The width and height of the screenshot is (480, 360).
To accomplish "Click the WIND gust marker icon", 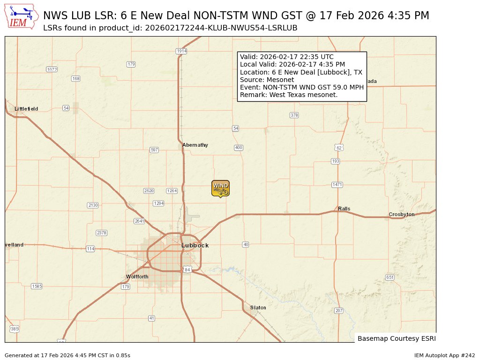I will coord(220,188).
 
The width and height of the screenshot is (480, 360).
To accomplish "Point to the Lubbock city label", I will coord(195,245).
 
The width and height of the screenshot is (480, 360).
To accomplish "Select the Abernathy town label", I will coord(195,145).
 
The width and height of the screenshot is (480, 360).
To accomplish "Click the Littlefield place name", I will coord(26,109).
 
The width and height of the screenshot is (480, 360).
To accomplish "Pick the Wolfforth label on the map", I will coord(137,277).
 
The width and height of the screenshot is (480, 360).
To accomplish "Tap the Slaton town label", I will coord(258,307).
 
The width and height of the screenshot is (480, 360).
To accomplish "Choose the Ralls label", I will coord(344,209).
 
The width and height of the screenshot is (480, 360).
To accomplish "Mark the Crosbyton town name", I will coord(402,214).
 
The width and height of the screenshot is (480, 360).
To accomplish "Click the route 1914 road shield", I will coord(181,51).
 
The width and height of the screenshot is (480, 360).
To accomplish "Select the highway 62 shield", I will coord(339,148).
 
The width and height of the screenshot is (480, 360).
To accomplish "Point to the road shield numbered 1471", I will coord(337,185).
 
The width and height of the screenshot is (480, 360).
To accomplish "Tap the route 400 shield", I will coord(239,148).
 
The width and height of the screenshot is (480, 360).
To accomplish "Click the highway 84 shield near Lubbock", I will coord(187,270).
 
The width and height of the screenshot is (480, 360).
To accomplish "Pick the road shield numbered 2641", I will coord(139,221).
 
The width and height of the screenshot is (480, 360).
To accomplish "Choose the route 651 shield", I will coord(390,277).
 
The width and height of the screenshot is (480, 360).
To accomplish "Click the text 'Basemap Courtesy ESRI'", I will coord(397,338).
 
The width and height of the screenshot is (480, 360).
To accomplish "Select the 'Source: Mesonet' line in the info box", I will coord(267,80).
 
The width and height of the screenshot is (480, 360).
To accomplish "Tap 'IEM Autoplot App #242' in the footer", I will coord(444,355).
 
